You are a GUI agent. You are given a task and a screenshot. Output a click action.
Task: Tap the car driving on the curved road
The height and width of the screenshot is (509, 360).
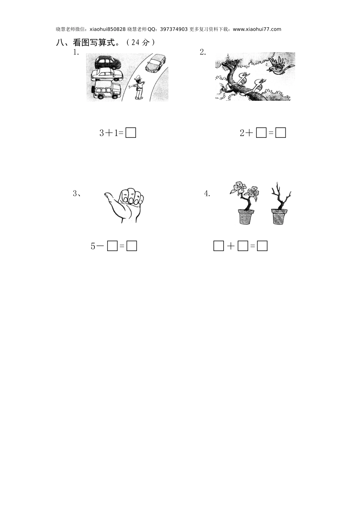[x=156, y=63]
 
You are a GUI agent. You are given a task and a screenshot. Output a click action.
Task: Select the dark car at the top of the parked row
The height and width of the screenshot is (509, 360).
[x=107, y=62]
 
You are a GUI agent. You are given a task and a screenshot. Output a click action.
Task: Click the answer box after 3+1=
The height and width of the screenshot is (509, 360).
[x=131, y=133]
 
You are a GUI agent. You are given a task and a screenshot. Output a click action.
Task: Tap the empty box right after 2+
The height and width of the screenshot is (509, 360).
[x=261, y=133]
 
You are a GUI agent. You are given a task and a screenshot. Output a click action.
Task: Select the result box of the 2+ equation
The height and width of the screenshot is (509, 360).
[x=280, y=133]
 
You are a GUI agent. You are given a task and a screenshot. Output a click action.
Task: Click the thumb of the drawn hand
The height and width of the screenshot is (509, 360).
[x=111, y=198]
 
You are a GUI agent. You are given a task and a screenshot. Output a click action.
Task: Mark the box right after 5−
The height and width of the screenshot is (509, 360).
[x=112, y=246]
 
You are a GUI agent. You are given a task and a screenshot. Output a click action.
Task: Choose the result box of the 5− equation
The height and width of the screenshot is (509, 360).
[x=131, y=246]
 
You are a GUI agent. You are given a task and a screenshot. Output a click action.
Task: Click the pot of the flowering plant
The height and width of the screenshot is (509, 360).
[x=246, y=217]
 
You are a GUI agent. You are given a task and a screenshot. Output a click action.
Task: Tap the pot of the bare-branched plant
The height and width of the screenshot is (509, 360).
[x=279, y=217]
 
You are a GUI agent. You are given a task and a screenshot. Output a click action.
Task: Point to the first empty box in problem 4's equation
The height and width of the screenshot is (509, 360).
[x=219, y=246]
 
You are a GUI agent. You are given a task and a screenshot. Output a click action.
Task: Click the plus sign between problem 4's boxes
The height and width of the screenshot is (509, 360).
[x=231, y=246]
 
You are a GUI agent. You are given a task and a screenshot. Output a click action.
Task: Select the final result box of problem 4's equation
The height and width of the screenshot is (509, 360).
[x=262, y=246]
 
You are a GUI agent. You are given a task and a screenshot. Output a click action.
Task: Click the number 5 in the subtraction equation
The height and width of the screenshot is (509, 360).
[x=93, y=246]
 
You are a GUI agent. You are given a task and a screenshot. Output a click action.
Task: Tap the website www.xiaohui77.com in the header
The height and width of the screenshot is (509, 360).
[x=257, y=29]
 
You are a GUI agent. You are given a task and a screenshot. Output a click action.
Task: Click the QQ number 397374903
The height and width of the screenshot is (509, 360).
[x=174, y=29]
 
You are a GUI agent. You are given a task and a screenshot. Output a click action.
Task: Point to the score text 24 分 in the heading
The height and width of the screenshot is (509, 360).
[x=141, y=42]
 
